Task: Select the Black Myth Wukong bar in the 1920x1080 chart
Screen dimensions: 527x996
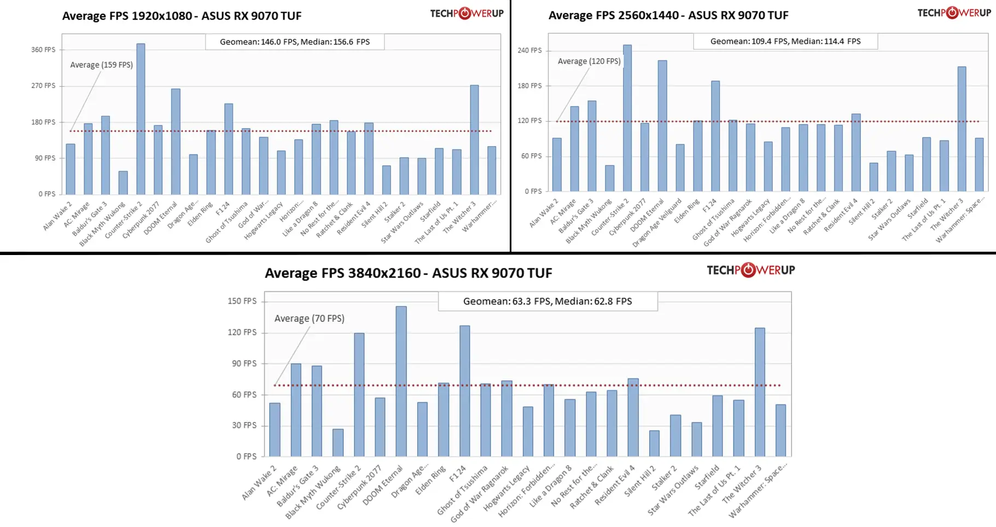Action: point(123,183)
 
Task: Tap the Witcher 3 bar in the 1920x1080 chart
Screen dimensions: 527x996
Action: point(474,140)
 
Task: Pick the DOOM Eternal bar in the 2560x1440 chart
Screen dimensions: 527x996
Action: point(662,126)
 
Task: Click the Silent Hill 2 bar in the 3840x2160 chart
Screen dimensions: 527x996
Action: point(654,443)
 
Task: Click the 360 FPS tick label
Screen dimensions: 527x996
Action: point(43,50)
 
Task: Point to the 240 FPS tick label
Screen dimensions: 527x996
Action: point(529,50)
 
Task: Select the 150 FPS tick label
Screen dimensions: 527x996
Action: point(242,301)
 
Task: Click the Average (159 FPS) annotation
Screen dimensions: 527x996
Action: point(101,65)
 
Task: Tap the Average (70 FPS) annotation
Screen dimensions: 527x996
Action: point(309,318)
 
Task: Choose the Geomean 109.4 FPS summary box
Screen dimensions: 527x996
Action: point(785,41)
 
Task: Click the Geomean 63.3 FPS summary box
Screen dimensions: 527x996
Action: point(547,301)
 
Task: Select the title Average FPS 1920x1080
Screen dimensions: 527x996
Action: point(182,16)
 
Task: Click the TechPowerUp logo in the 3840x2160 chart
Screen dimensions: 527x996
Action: point(750,270)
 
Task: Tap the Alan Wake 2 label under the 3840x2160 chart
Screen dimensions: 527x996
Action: point(260,483)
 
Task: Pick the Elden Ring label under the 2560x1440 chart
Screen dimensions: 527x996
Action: point(688,211)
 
